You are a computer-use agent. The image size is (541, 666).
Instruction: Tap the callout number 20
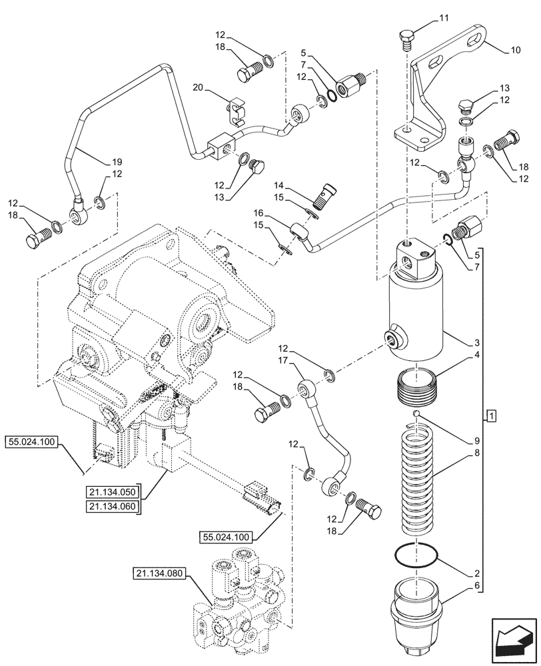point(198,88)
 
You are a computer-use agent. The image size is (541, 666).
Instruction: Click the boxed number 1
point(491,417)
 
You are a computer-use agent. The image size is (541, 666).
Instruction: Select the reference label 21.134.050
point(111,492)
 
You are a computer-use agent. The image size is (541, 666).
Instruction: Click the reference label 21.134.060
point(111,507)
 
